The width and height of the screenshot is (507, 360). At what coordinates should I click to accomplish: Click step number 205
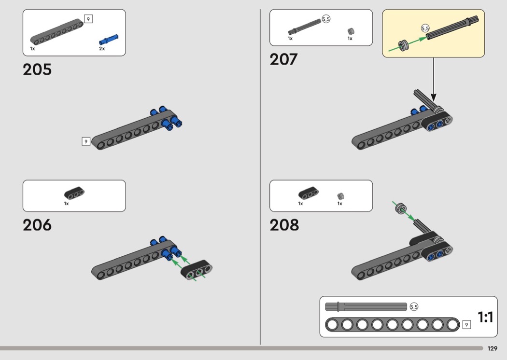(x=37, y=69)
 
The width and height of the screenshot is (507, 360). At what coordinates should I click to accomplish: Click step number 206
(x=37, y=225)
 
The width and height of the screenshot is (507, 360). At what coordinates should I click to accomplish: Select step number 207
(x=283, y=59)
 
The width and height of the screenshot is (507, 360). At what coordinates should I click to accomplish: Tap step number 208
(x=284, y=225)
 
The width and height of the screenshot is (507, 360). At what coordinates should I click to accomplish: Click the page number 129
(x=492, y=348)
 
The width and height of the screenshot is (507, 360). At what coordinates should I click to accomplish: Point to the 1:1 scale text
(x=485, y=317)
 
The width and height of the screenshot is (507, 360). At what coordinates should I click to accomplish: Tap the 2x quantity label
(x=102, y=49)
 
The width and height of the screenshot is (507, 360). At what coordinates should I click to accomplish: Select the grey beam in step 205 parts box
(x=56, y=32)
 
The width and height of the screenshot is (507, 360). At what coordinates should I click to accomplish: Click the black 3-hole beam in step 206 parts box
(x=74, y=193)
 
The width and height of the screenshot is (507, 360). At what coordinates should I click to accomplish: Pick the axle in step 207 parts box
(x=304, y=27)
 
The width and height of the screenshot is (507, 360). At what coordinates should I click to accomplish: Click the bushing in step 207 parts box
(x=351, y=31)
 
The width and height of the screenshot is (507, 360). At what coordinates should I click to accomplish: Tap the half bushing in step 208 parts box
(x=340, y=196)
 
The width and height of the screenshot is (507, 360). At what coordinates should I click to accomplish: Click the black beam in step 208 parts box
(x=308, y=194)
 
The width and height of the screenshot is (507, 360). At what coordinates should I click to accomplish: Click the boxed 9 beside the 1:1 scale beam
(x=466, y=325)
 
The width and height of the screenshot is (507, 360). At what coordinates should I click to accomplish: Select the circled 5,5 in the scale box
(x=414, y=306)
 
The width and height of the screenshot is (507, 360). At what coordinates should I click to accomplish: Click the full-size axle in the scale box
(x=366, y=306)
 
